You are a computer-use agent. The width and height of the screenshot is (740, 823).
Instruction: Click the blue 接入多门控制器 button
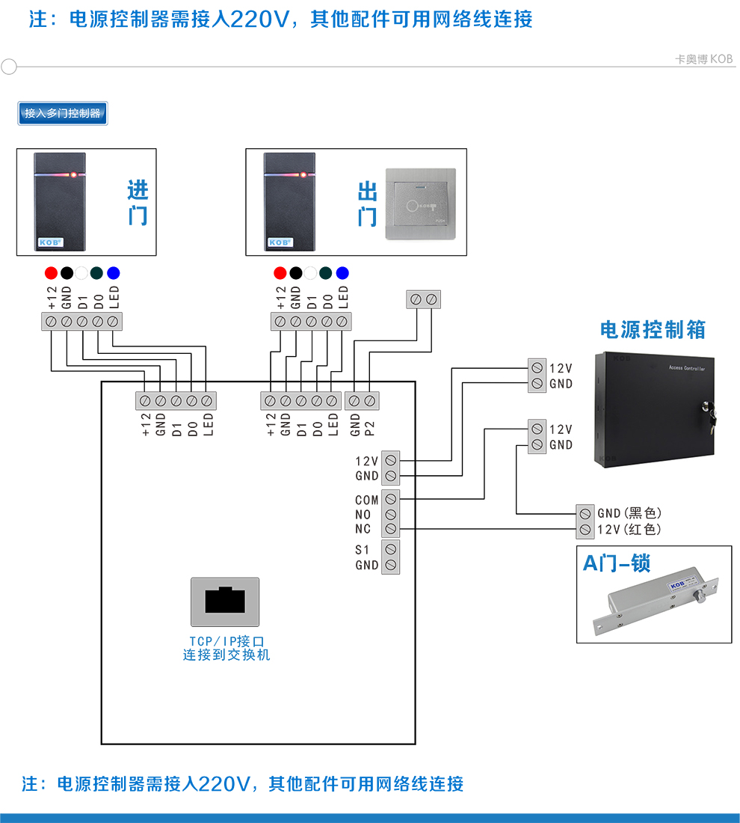click(63, 113)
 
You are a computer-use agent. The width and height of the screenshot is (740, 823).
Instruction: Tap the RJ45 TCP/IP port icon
click(225, 602)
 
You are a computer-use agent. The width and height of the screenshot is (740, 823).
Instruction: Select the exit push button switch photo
click(419, 204)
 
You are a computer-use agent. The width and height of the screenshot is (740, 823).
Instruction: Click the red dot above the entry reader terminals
click(51, 273)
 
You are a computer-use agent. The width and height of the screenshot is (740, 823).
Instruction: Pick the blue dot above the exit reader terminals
click(342, 273)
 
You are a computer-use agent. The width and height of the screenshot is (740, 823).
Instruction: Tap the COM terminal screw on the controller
click(390, 499)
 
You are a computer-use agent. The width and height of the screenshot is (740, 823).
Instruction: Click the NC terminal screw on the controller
click(390, 529)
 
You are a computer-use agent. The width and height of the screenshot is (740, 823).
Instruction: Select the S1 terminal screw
click(390, 550)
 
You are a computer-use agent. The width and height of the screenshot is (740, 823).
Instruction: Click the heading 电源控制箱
click(653, 330)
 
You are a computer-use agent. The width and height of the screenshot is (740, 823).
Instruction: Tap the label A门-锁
click(616, 563)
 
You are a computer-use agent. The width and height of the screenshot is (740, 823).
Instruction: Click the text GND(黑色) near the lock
click(629, 513)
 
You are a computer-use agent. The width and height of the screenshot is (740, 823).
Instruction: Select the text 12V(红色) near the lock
click(629, 530)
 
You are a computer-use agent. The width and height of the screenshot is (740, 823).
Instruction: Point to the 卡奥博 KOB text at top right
click(703, 59)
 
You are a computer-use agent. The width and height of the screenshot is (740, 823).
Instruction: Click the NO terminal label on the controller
click(363, 515)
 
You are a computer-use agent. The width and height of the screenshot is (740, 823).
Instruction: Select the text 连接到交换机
click(226, 655)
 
